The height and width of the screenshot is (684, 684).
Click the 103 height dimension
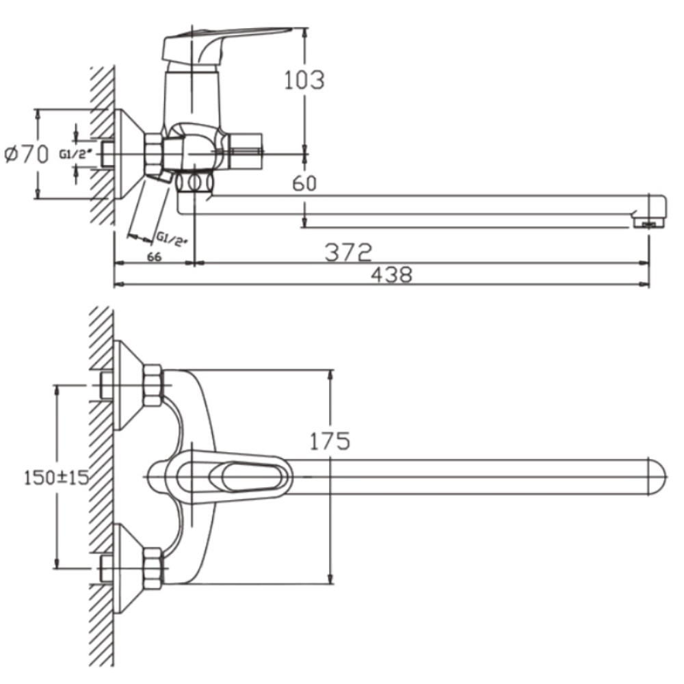pos(304,80)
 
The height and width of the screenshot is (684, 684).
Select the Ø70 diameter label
pos(27,155)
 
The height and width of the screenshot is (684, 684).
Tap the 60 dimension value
pos(305,183)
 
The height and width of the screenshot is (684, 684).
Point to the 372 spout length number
pos(348,254)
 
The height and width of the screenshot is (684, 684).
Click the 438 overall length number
pos(391,276)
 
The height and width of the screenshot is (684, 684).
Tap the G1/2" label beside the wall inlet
pos(74,154)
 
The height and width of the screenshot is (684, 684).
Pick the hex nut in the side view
pos(154,154)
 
